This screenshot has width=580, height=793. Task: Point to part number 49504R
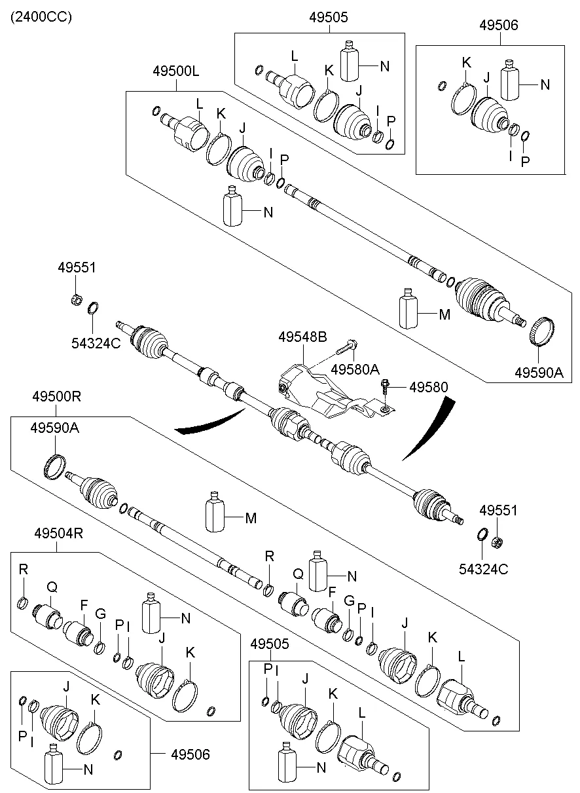coord(58,533)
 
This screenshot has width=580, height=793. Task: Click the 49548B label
coord(302,338)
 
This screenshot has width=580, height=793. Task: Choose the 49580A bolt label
coord(355,369)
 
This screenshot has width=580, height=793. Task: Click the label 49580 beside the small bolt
coord(429,387)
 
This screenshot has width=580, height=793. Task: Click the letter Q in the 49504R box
coord(51,588)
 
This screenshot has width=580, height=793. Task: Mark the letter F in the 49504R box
coord(84,604)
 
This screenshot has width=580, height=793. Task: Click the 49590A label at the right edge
coord(538,372)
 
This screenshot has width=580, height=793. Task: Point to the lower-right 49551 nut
coord(496,541)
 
